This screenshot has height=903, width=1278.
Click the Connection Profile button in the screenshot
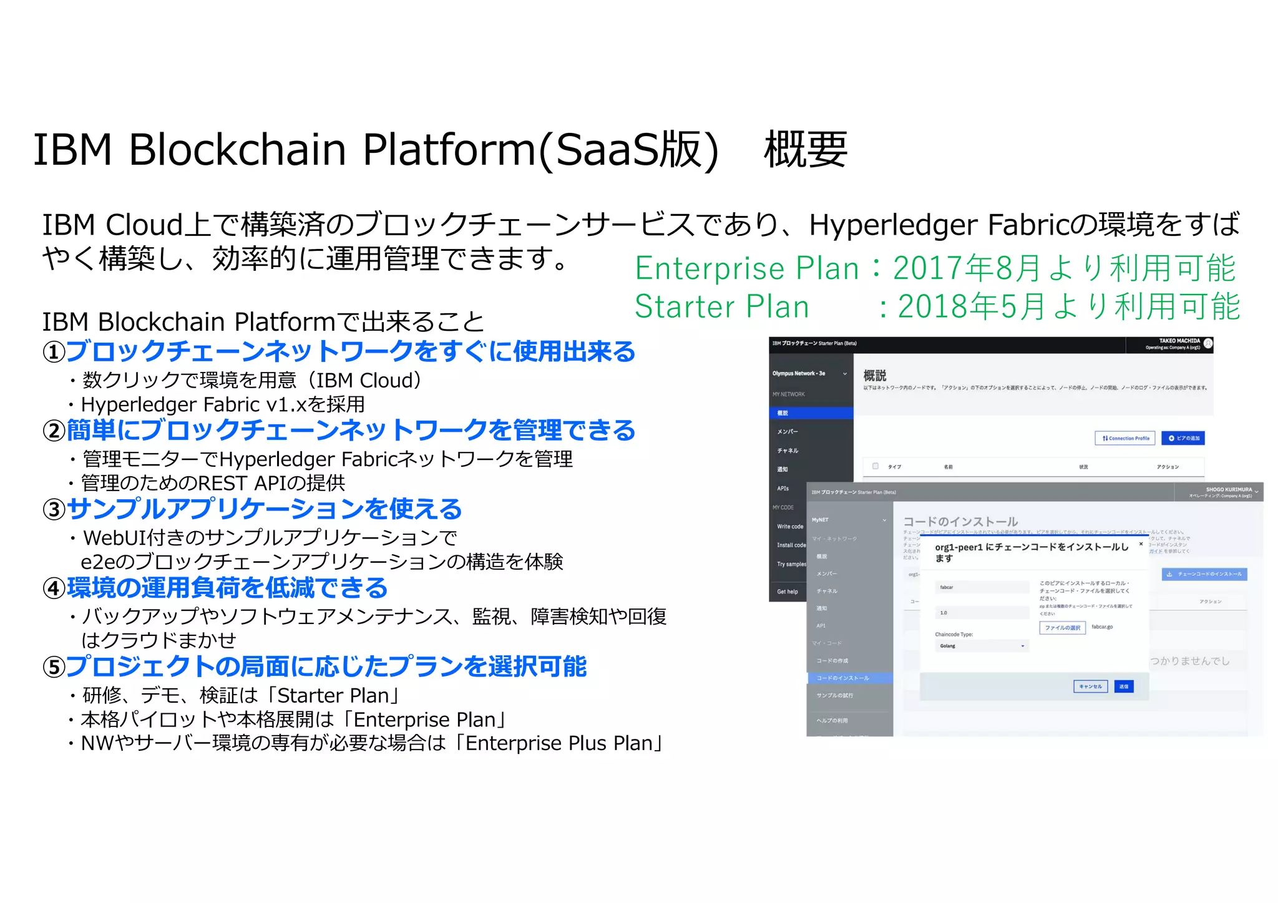pos(1125,438)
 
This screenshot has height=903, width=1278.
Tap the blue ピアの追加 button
pos(1183,438)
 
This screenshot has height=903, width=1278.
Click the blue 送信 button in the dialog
pos(1123,686)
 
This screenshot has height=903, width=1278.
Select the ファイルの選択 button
pos(1062,628)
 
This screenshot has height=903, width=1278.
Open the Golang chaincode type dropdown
pos(982,646)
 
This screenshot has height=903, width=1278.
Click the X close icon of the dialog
pos(1141,544)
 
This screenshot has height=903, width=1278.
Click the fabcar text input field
pos(982,587)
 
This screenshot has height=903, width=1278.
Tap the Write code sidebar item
pos(790,527)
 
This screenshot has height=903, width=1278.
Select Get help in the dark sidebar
pos(788,592)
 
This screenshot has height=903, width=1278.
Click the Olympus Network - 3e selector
pos(809,374)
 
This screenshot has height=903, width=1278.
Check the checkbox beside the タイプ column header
pos(876,466)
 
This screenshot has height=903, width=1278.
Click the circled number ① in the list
pos(54,353)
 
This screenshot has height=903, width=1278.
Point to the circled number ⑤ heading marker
pos(54,668)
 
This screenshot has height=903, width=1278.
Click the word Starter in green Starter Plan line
pos(685,307)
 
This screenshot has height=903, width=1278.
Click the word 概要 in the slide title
pos(805,150)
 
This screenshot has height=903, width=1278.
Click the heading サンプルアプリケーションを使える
pos(264,509)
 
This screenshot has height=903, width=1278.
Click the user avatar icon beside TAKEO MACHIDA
pos(1208,344)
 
